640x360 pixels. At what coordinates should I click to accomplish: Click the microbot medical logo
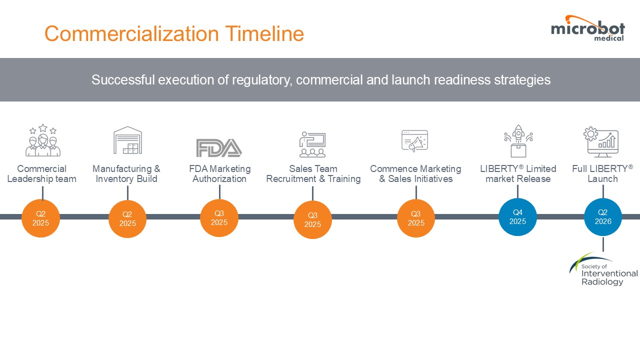click(x=587, y=28)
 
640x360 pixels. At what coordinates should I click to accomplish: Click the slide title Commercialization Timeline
click(x=174, y=34)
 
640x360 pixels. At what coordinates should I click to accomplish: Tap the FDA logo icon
click(x=219, y=147)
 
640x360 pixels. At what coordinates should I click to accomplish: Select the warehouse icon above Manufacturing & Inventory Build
click(x=127, y=140)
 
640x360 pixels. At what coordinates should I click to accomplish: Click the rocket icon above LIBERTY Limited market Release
click(x=518, y=140)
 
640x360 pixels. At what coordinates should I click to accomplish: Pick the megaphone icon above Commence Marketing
click(x=415, y=141)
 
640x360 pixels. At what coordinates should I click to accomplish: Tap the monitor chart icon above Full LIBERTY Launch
click(x=601, y=141)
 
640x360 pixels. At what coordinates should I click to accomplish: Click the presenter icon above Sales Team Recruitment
click(x=312, y=145)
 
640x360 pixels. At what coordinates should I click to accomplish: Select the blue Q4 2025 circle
click(x=517, y=216)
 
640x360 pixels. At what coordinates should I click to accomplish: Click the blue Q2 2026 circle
click(x=603, y=217)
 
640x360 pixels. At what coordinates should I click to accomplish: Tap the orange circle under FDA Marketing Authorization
click(x=219, y=218)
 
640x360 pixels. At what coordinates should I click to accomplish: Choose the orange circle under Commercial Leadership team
click(x=40, y=218)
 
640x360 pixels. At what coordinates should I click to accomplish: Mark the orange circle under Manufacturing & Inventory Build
click(x=127, y=219)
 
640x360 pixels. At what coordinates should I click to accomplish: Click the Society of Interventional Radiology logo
click(x=603, y=269)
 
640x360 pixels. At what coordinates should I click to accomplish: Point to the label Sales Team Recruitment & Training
click(x=313, y=174)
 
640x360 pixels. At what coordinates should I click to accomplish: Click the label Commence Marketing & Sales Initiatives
click(x=415, y=174)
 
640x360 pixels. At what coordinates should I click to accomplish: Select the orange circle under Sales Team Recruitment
click(x=312, y=219)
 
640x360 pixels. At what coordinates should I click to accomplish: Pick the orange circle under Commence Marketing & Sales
click(x=416, y=218)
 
